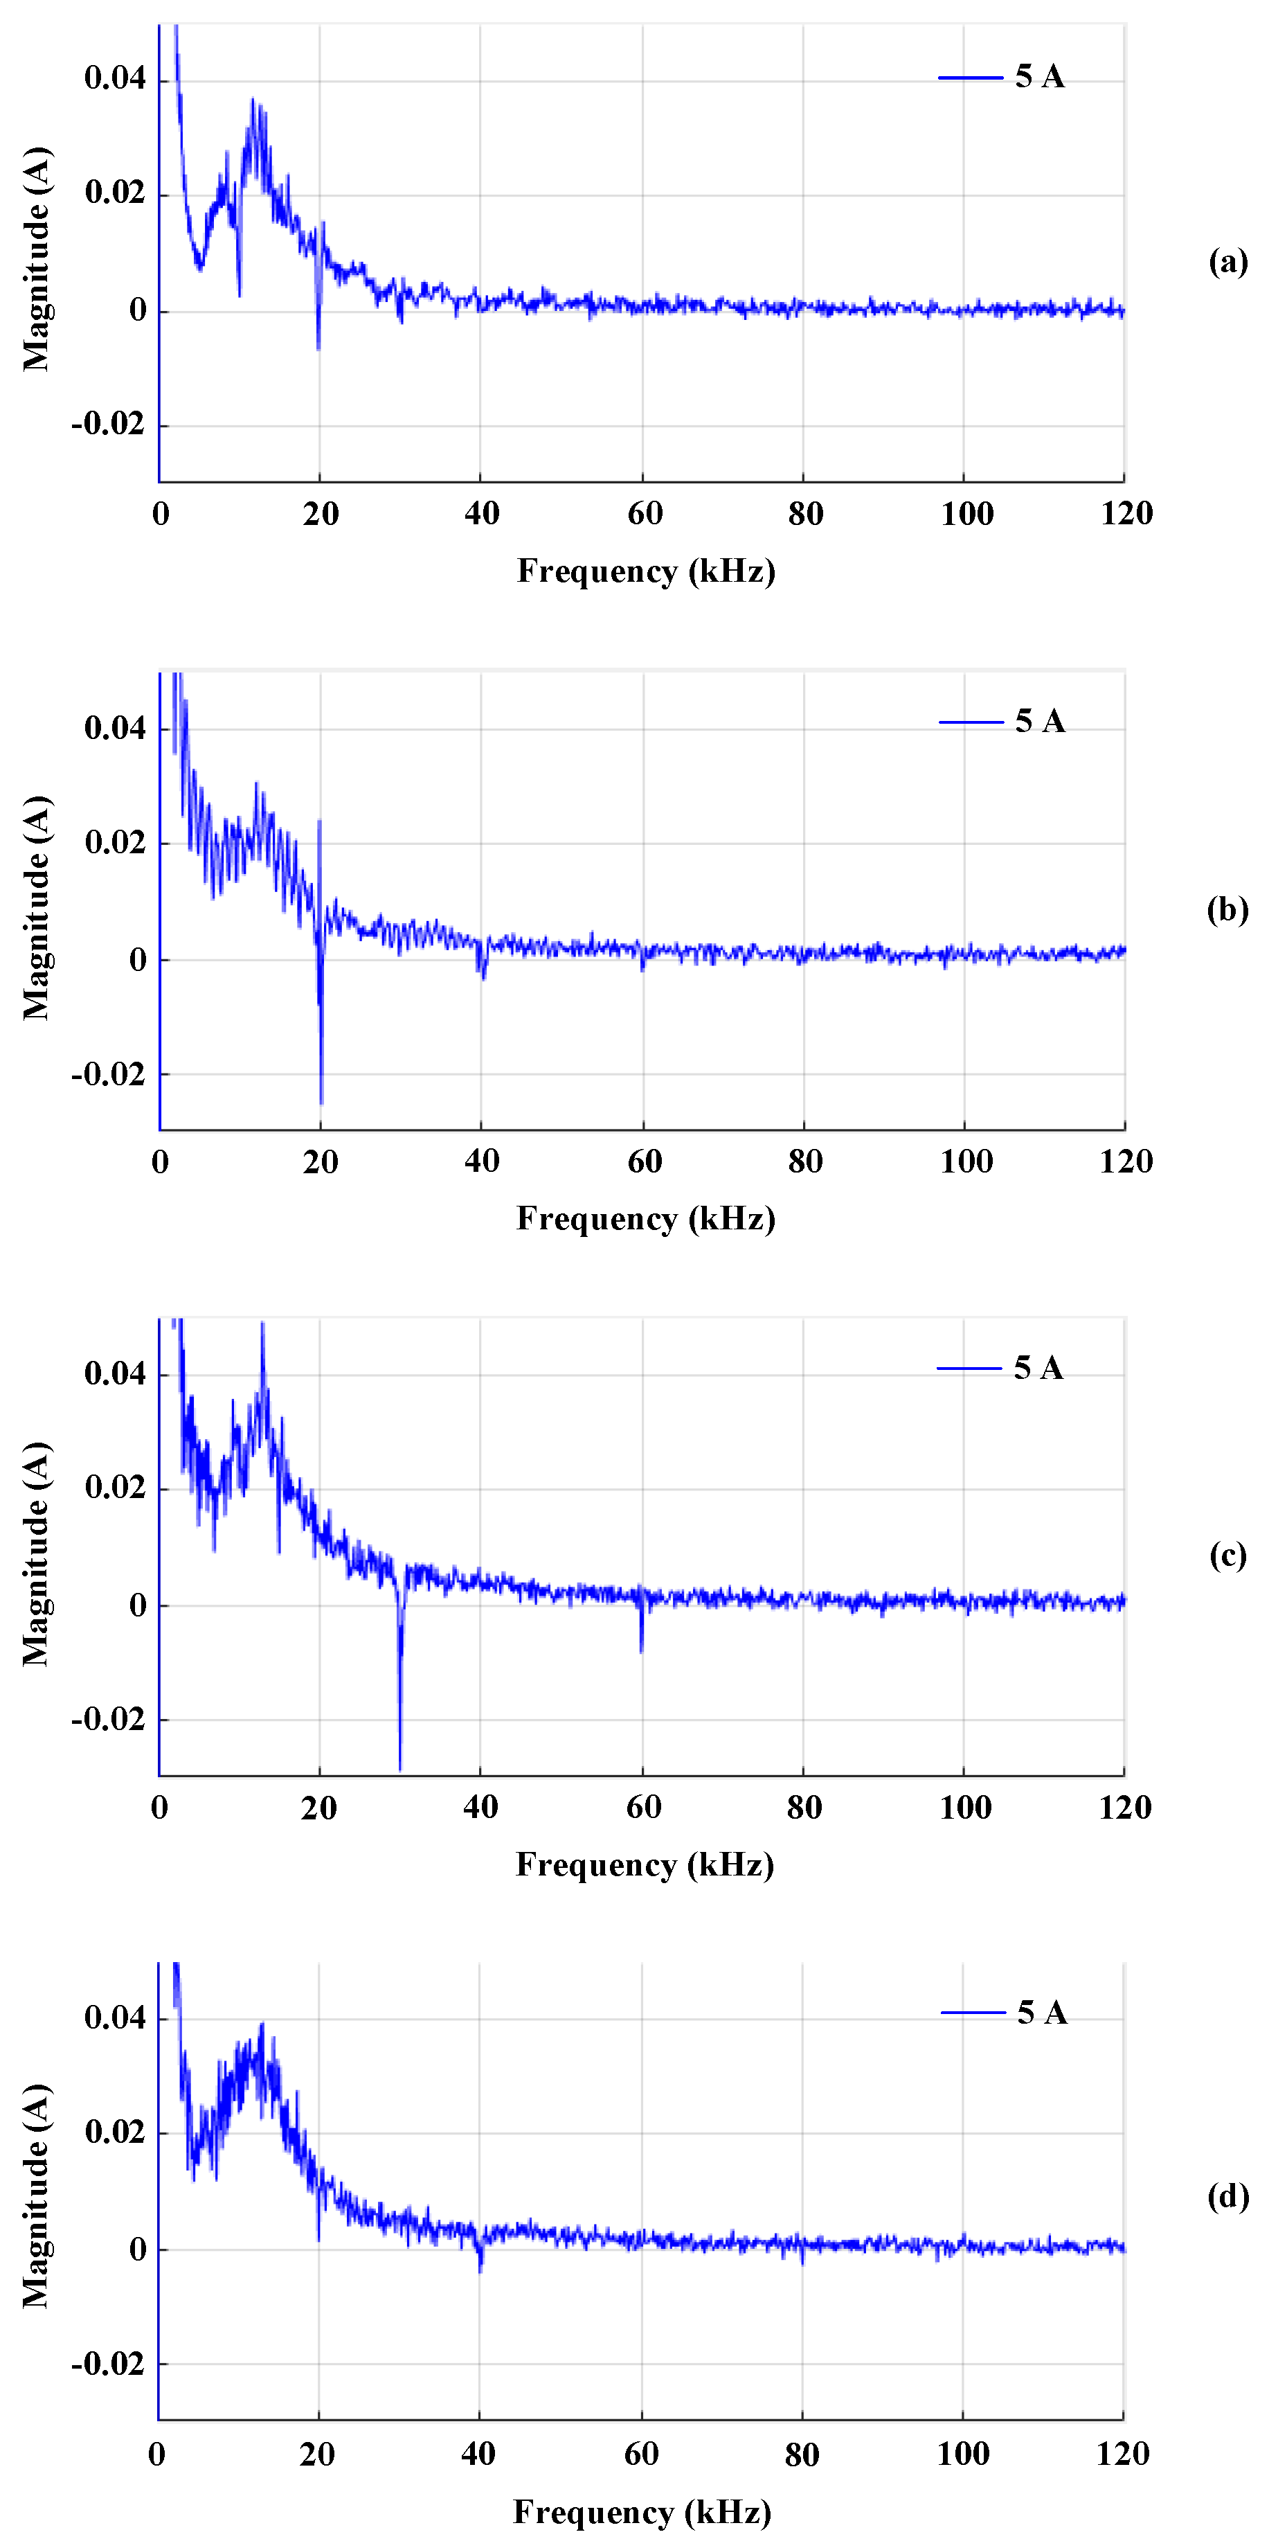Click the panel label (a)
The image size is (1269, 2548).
(1227, 261)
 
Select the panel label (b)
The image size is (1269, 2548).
(1227, 909)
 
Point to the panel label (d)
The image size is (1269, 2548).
(1227, 2196)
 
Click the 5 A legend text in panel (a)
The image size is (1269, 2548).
(1040, 77)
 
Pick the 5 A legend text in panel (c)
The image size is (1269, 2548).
(1038, 1368)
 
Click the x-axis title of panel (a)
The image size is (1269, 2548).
(646, 571)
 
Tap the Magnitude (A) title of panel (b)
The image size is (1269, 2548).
(37, 907)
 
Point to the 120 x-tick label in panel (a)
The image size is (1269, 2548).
(1126, 513)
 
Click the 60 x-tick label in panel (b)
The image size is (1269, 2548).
(644, 1161)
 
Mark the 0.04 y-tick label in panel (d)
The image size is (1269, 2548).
(115, 2017)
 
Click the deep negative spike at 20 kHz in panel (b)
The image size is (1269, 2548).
(321, 1100)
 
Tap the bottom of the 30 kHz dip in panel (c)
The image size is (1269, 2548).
(399, 1767)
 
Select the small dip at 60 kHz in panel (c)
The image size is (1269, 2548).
(641, 1649)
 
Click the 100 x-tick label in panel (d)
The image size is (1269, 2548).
(964, 2454)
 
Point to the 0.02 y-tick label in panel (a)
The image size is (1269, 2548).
(115, 192)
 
